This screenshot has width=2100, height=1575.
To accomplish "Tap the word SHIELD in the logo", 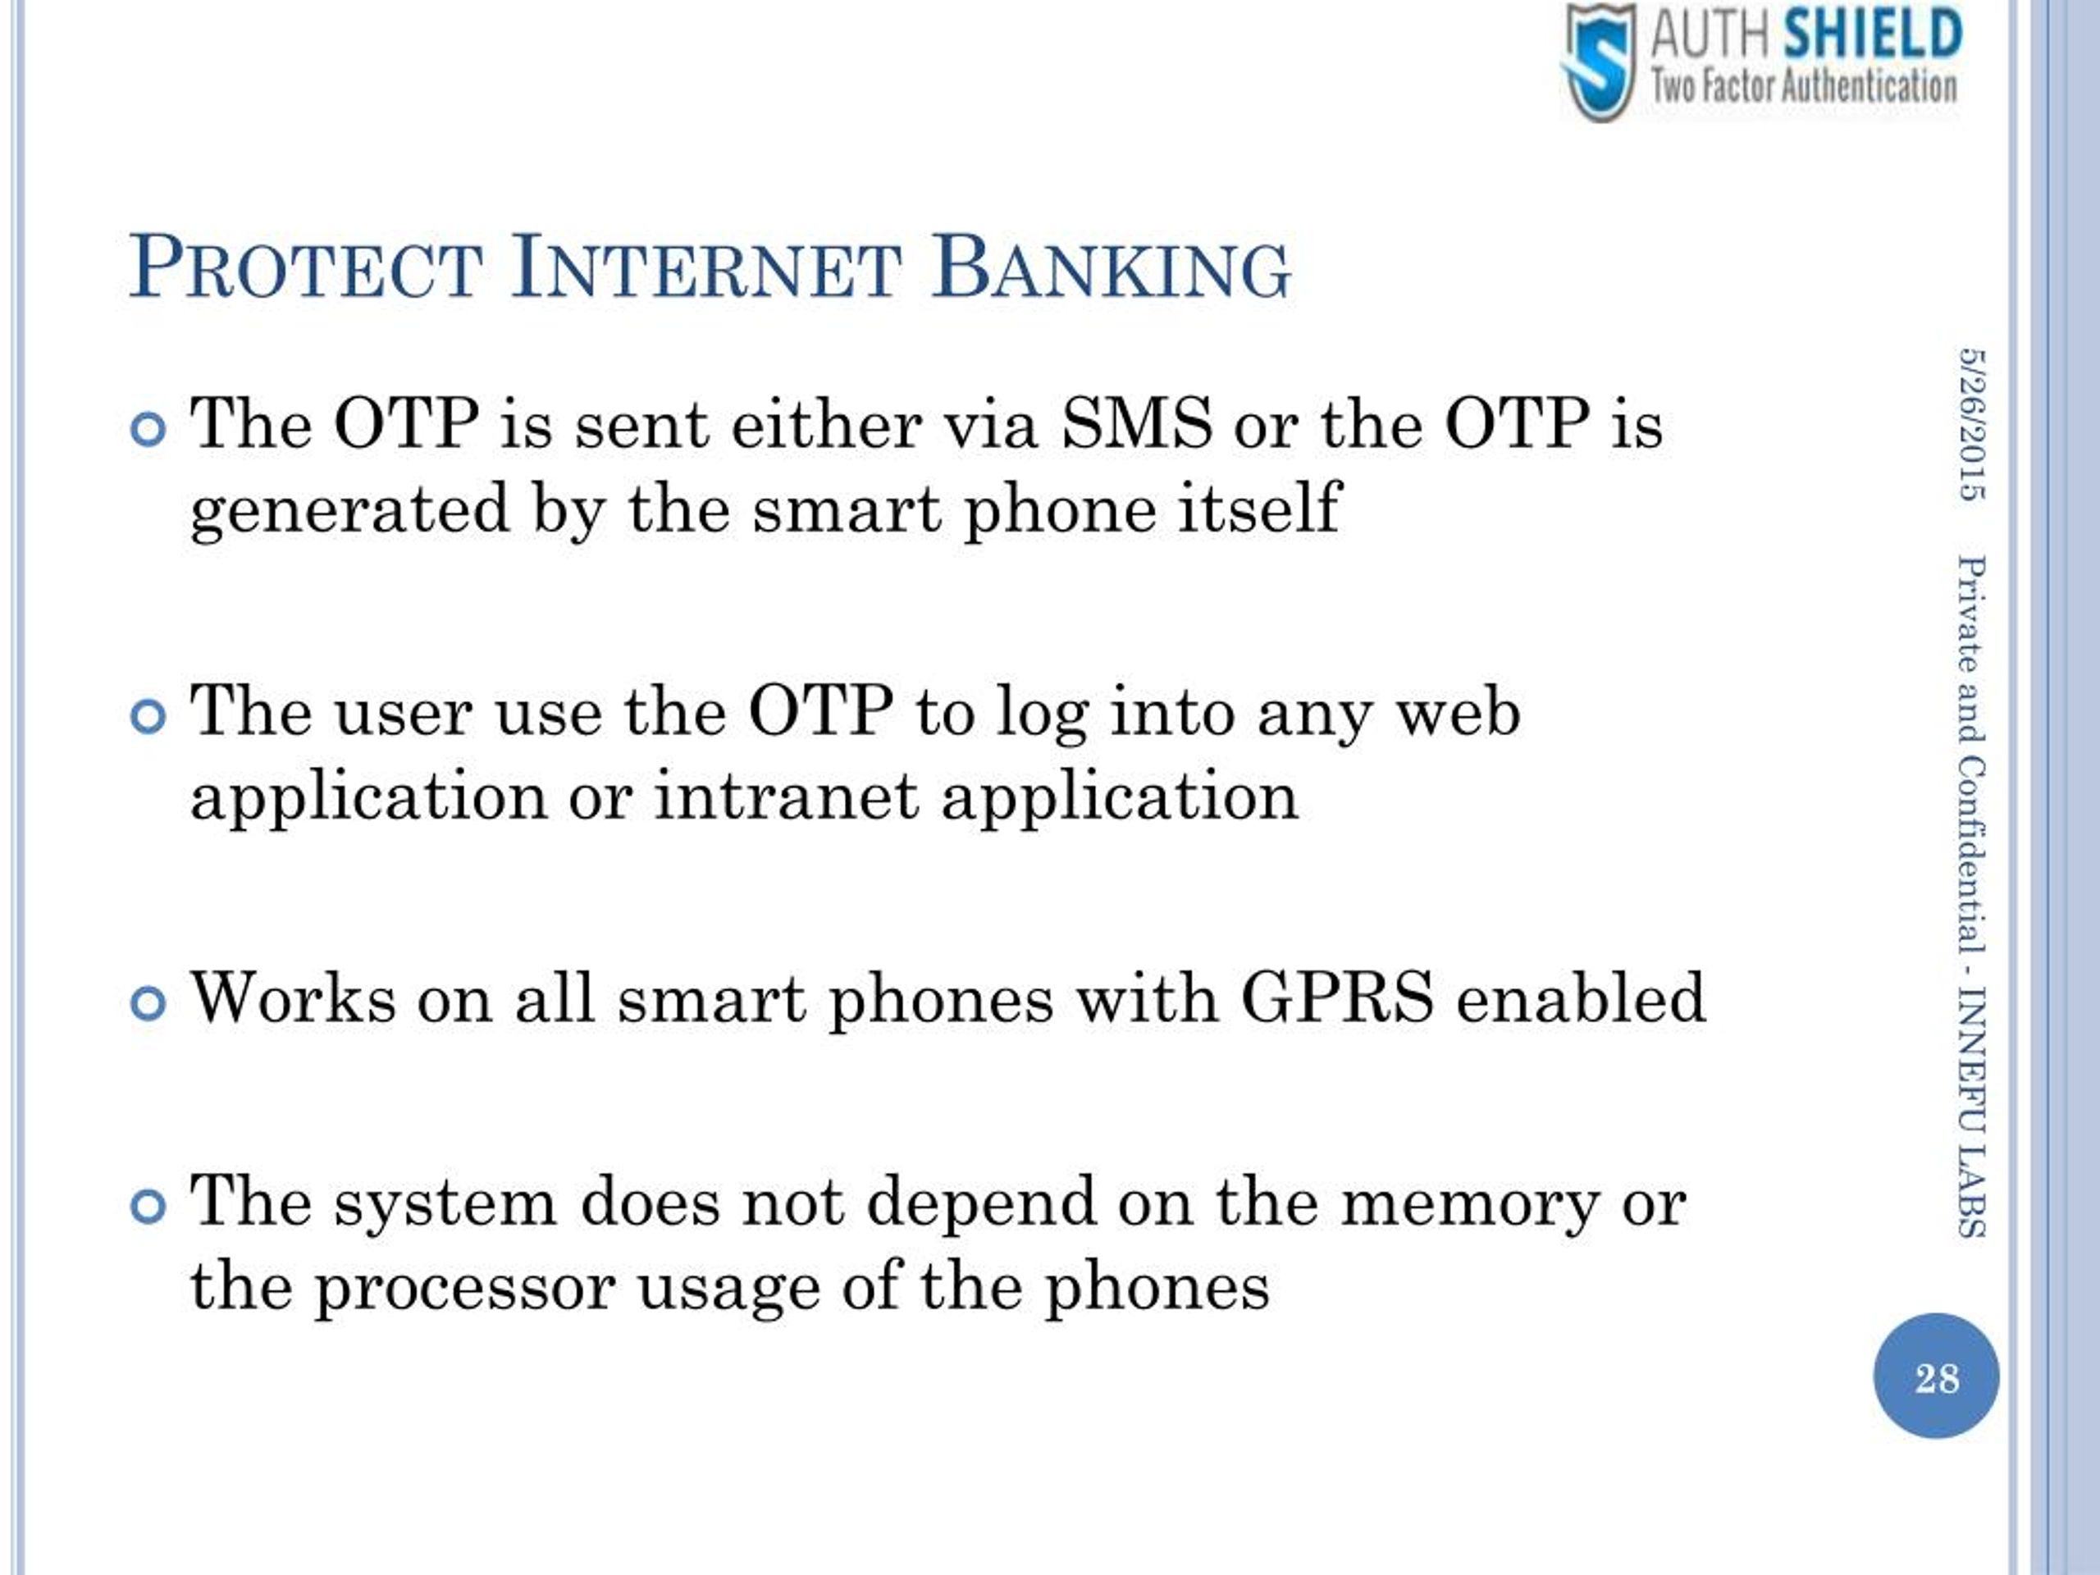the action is pos(1873,34).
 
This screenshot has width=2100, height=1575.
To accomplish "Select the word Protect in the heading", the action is pos(307,267).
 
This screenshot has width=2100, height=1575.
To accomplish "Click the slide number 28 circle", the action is pos(1936,1376).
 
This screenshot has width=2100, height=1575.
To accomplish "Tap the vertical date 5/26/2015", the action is pos(1971,424).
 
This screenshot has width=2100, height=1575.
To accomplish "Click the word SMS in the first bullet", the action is pos(1136,422).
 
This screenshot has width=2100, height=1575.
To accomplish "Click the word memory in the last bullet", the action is pos(1471,1206).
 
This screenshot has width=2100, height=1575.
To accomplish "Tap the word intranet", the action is pos(786,796).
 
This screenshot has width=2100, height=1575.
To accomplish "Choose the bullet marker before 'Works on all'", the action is pos(148,1003).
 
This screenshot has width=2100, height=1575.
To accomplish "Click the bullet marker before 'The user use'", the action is pos(148,717).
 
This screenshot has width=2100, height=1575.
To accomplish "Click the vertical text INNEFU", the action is pos(1971,1058).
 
